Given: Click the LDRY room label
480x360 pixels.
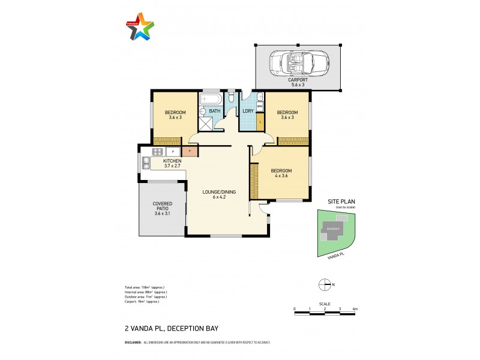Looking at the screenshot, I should pyautogui.click(x=247, y=111).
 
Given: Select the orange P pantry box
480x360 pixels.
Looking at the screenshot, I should pyautogui.click(x=190, y=152).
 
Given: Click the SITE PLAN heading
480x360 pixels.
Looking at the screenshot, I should pyautogui.click(x=341, y=202).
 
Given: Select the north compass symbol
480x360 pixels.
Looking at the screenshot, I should pyautogui.click(x=324, y=284).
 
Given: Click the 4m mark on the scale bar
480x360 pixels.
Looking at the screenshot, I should pyautogui.click(x=355, y=309).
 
